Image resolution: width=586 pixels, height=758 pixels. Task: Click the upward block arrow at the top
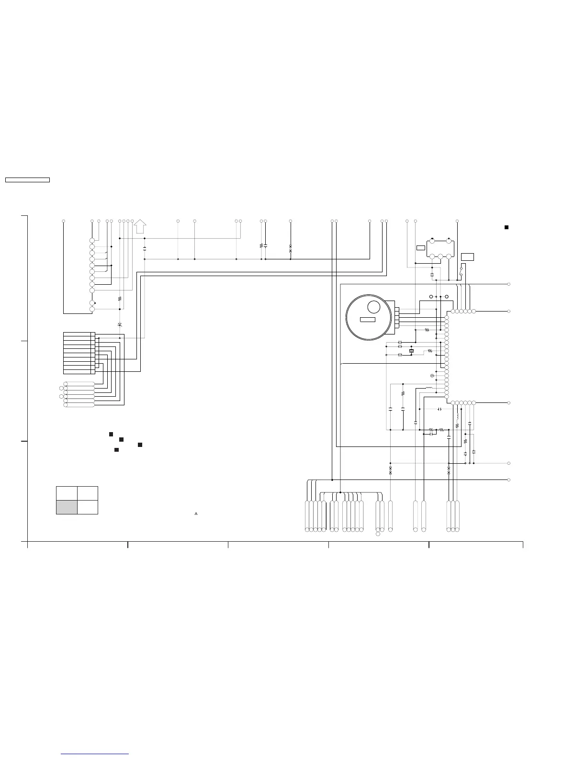[x=140, y=226]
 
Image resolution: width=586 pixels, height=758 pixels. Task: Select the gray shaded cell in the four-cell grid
[x=67, y=507]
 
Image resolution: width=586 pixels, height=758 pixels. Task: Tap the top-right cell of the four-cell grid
[x=88, y=493]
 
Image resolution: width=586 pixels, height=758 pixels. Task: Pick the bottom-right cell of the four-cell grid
[x=88, y=507]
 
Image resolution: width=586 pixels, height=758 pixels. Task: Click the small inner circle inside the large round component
[x=373, y=308]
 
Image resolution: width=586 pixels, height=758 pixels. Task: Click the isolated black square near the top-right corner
[x=506, y=227]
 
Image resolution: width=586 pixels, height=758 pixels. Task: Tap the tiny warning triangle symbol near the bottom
[x=196, y=513]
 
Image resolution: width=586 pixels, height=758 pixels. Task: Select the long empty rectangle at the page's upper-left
[x=27, y=180]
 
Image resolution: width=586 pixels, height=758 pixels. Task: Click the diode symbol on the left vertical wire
[x=119, y=324]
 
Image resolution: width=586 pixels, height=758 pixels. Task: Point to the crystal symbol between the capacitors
[x=411, y=352]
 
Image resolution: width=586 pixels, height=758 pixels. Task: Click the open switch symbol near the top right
[x=461, y=271]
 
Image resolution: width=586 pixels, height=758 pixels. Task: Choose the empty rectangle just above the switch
[x=467, y=257]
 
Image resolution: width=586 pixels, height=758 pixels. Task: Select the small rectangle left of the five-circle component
[x=421, y=247]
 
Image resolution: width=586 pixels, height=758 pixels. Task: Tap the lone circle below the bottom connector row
[x=378, y=534]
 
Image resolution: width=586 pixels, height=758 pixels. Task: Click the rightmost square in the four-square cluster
[x=140, y=445]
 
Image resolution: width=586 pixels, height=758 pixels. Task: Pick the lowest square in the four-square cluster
[x=116, y=450]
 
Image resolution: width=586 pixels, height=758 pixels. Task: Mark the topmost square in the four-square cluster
[x=111, y=434]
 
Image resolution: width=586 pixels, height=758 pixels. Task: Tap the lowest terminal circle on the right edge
[x=508, y=479]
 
